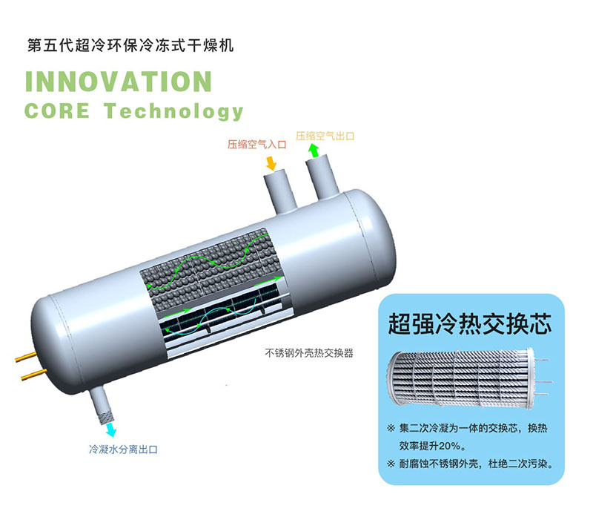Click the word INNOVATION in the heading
coord(119,81)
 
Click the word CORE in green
coord(57,111)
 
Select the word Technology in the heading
coord(173,112)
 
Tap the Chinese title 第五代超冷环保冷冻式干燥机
coord(130,46)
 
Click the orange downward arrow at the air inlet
coord(272,161)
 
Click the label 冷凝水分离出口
coord(123,450)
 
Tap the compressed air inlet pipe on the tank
coord(280,188)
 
